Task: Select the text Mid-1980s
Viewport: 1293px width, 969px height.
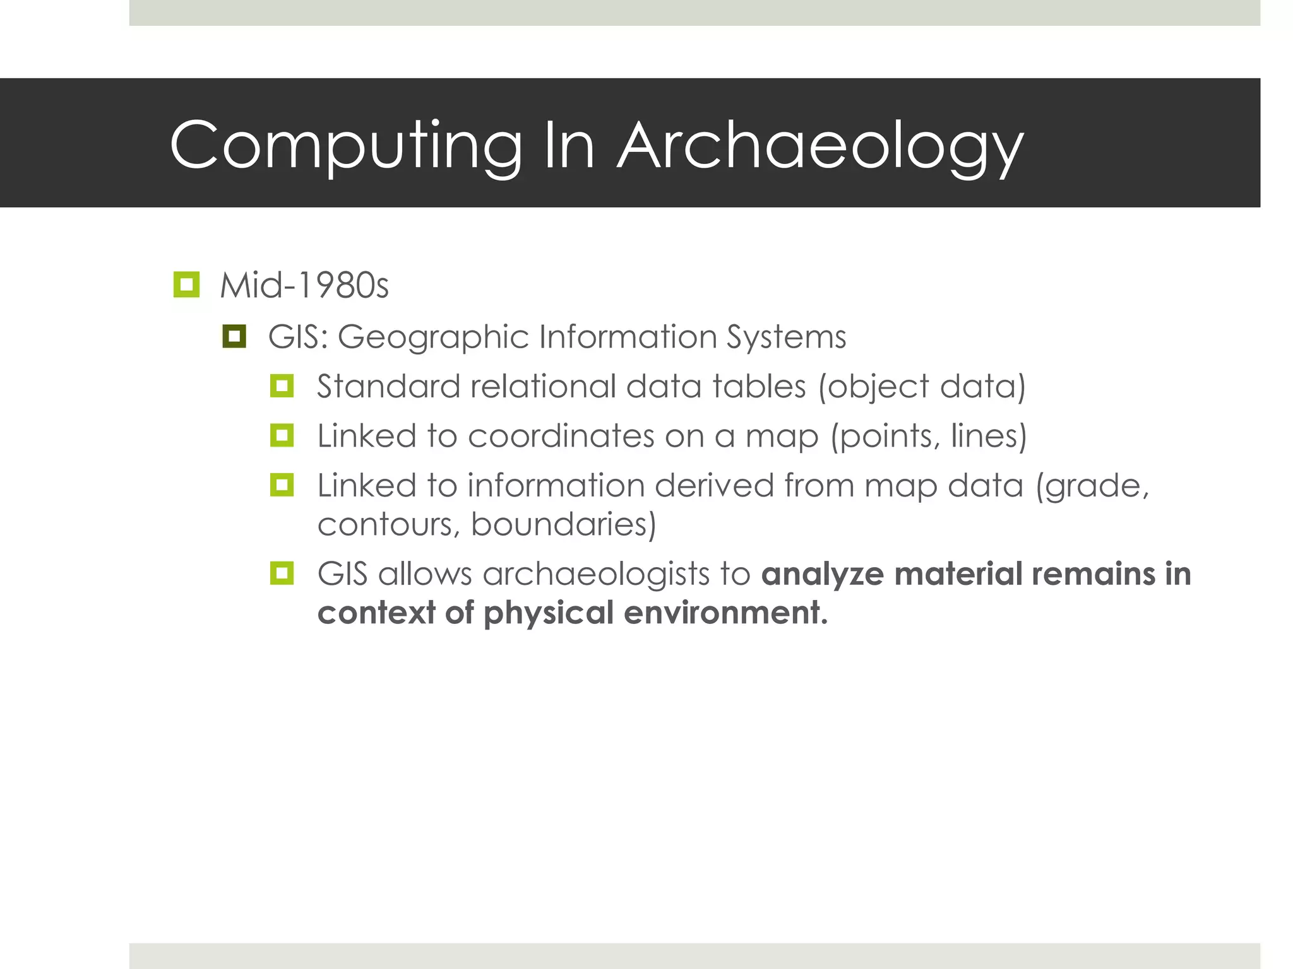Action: coord(304,286)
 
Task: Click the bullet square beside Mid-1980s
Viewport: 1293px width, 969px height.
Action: coord(186,285)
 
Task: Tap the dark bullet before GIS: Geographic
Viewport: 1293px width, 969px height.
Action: coord(234,336)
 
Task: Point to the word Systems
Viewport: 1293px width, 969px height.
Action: coord(786,337)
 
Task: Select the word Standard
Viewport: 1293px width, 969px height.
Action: coord(388,386)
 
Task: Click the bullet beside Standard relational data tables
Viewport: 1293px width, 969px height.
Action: coord(282,385)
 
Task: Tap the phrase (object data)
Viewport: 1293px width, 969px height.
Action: coord(922,386)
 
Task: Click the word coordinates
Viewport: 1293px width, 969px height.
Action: coord(561,436)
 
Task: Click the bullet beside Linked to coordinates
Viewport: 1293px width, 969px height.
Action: coord(282,435)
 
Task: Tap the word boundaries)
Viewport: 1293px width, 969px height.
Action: coord(564,524)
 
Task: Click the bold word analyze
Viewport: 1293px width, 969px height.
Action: coord(821,574)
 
